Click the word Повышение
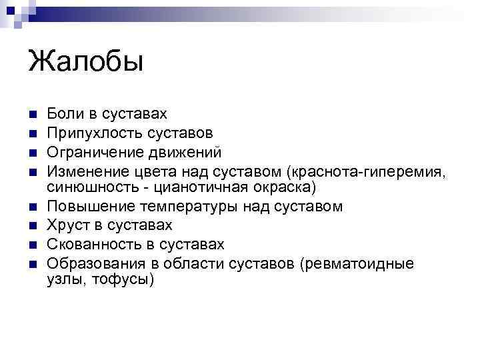pyautogui.click(x=89, y=207)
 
